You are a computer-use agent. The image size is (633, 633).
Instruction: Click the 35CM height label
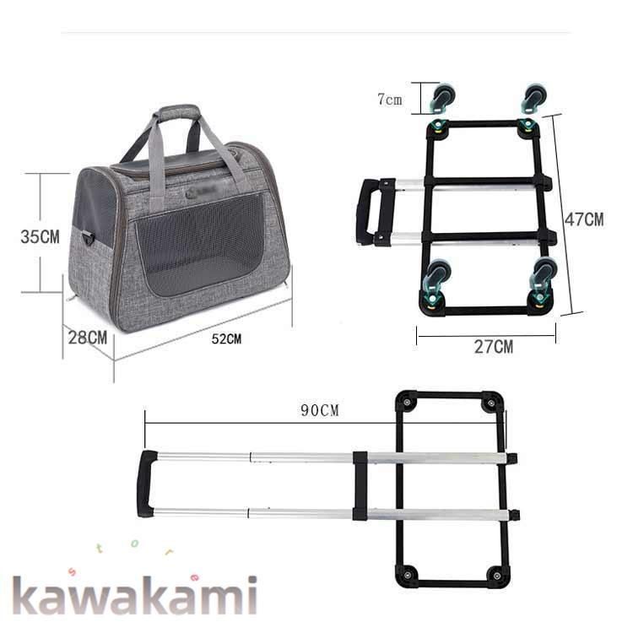pos(40,236)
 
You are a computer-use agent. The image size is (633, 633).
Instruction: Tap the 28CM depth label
pos(88,338)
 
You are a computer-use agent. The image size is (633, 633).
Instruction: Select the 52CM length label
pos(226,339)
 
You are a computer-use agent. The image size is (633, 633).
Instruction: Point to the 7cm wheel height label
pos(390,100)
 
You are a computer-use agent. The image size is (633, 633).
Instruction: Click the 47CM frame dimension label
pos(584,219)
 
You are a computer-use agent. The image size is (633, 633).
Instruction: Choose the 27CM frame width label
pos(494,347)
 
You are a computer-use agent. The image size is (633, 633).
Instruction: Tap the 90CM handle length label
pos(320,410)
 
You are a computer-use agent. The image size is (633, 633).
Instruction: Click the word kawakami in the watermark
pos(135,595)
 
